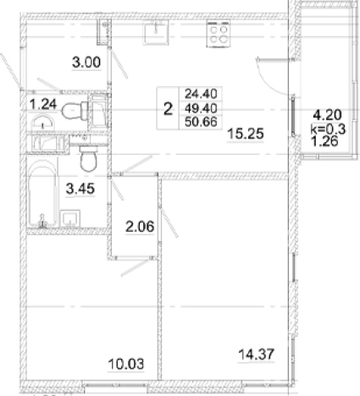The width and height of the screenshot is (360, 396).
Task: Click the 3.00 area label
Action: pos(86,63)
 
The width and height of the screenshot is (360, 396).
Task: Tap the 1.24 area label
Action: pos(43,105)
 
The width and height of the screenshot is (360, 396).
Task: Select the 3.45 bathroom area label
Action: pos(80,189)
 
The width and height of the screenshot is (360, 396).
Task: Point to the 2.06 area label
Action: pos(140,227)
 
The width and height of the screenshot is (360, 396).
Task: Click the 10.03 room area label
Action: pos(126,364)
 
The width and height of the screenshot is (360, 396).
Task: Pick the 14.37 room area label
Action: pos(257,355)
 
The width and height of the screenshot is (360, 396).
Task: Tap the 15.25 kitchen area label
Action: pos(246,134)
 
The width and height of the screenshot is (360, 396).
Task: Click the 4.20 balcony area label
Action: pos(328,115)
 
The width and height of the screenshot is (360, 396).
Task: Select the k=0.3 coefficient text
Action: pos(328,129)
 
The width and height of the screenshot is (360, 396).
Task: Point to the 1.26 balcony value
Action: pos(324,141)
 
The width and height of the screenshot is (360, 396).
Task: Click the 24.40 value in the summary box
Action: pos(201,94)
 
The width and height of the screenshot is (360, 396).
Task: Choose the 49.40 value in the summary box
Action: pos(201,108)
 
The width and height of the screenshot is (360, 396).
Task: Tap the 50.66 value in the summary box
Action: pos(201,122)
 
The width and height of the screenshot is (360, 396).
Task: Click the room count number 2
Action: pos(168,108)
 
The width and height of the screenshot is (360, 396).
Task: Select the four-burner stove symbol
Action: pos(218,34)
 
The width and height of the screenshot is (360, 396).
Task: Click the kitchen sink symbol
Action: pos(156,32)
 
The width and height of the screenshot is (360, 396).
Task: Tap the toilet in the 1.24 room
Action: pos(75,110)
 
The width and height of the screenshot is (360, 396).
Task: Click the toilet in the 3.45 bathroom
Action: pos(88,158)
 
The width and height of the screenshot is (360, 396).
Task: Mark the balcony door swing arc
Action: pos(268,82)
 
